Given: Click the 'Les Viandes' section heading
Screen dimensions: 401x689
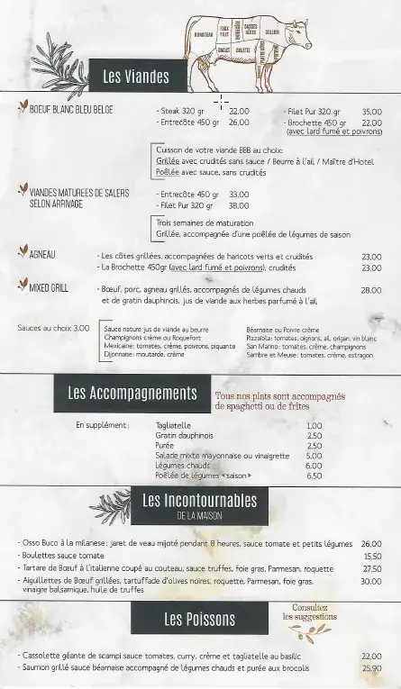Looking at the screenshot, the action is click(x=135, y=77).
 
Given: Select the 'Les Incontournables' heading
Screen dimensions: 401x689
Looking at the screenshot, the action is click(x=199, y=502).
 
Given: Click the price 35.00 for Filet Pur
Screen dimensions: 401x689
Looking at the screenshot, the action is click(x=371, y=112).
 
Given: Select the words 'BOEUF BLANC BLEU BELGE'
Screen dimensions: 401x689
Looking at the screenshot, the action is click(x=73, y=110).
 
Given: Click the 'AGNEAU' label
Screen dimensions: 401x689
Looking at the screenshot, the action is click(x=42, y=255).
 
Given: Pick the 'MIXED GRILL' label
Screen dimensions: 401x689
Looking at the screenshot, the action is click(x=49, y=288).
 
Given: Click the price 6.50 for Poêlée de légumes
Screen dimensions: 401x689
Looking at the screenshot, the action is click(x=314, y=476).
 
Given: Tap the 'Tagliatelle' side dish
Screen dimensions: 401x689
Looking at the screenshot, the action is click(x=173, y=425).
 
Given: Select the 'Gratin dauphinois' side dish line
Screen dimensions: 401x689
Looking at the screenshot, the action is click(x=184, y=435).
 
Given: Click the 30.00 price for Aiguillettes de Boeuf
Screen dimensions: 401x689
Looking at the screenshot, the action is click(x=370, y=581).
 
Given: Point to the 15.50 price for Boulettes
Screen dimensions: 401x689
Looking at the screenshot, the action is click(x=372, y=557).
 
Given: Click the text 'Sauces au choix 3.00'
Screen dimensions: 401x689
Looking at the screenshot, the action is click(x=53, y=328).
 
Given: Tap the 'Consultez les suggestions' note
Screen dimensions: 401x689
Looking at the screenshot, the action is click(x=309, y=612).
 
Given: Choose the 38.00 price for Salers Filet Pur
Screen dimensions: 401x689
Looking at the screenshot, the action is click(x=239, y=205).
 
